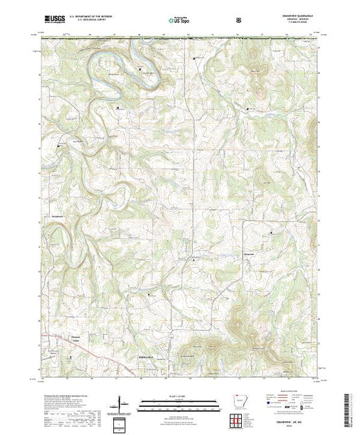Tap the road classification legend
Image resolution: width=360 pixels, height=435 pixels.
tap(290, 404)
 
